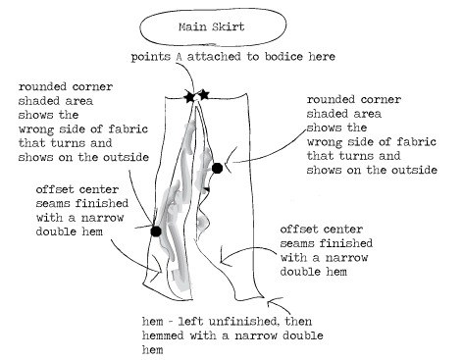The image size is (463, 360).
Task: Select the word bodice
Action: pos(283,57)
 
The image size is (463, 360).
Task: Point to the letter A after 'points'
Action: pos(179,57)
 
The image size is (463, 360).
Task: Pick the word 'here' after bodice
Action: pos(322,57)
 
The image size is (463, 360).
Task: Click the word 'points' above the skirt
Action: pos(151,57)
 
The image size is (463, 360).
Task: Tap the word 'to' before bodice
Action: pos(253,57)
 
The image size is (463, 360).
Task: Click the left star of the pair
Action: pos(189,97)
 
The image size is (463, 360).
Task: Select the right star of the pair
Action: pos(203,95)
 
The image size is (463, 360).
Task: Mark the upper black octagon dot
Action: pos(217,168)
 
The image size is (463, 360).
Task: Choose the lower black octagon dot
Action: pos(156,231)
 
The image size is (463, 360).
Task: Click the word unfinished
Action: pos(243,322)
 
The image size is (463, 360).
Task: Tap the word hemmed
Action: pos(163,335)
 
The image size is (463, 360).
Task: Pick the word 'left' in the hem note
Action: pos(191,322)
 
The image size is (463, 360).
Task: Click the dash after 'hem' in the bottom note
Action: pos(171,322)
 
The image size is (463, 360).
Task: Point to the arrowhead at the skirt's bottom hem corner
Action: pos(270,302)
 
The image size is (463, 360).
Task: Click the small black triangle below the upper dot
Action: pos(206,189)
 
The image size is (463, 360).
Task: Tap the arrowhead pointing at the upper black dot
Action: pos(230,161)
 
